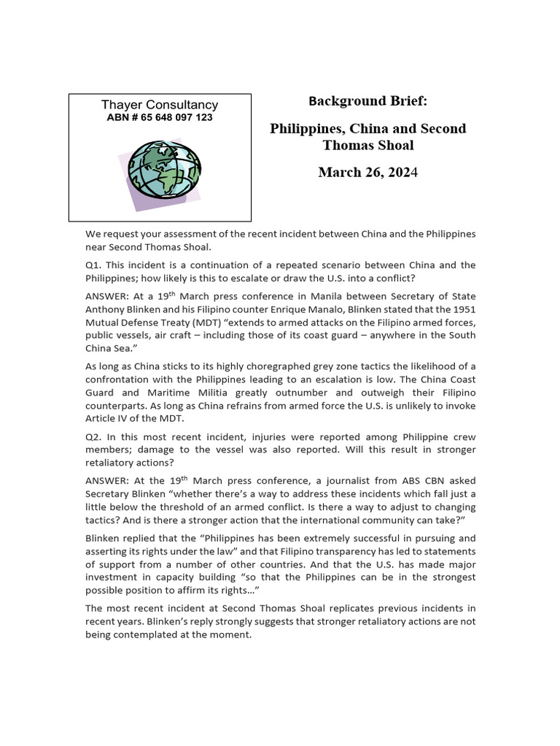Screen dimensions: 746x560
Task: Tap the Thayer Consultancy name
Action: click(x=160, y=105)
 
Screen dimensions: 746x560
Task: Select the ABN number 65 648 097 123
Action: click(x=160, y=117)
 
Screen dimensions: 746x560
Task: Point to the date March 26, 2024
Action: click(x=367, y=173)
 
